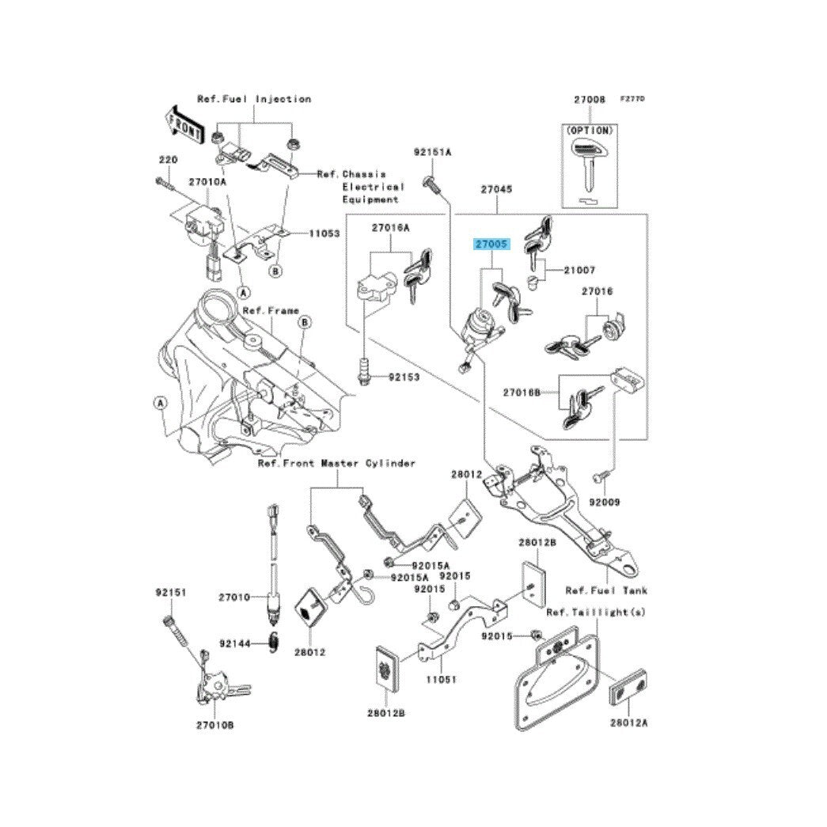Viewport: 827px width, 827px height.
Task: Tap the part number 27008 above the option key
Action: point(590,101)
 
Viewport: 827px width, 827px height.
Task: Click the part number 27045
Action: point(496,190)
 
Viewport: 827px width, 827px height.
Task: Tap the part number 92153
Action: point(404,377)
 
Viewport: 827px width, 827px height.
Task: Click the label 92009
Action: point(605,502)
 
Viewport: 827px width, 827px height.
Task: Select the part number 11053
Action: point(324,234)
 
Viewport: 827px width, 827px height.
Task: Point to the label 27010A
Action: point(207,182)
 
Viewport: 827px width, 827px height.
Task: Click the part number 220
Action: point(167,160)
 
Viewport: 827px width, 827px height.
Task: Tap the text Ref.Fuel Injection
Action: point(254,99)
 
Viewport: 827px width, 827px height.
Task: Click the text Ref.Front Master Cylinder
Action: point(336,463)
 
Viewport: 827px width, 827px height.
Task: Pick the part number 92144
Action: point(235,644)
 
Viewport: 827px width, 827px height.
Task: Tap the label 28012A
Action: point(629,723)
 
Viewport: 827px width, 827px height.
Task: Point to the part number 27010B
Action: point(215,724)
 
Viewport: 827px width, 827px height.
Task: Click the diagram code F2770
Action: point(632,98)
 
